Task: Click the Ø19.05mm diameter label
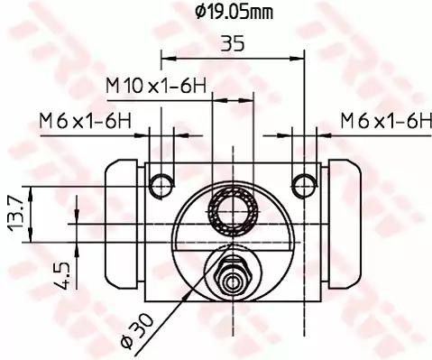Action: pos(234,12)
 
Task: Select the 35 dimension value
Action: pos(233,43)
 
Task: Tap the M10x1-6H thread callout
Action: pos(156,87)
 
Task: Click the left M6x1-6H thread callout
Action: pos(86,121)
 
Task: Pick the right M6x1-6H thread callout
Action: pos(386,121)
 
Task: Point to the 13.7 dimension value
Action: pos(15,215)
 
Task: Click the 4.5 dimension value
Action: pos(61,276)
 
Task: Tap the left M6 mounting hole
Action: pos(161,186)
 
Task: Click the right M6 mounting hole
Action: pos(304,186)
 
